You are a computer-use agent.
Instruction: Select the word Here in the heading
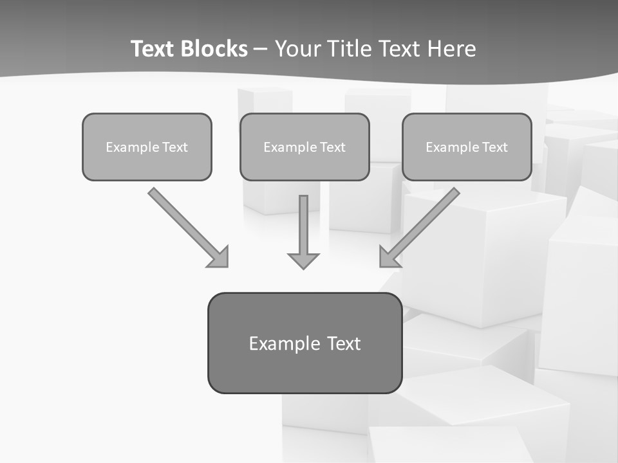tap(453, 49)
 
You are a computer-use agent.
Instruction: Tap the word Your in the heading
tap(297, 49)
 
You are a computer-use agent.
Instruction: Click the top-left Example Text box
tap(147, 147)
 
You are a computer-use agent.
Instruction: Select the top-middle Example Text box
tap(304, 147)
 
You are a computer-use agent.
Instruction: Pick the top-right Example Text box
tap(467, 147)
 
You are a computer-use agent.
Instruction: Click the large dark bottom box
tap(304, 343)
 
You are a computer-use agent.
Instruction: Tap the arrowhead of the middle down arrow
tap(303, 260)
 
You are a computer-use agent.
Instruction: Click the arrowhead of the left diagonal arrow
tap(220, 258)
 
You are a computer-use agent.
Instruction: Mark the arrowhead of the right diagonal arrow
tap(389, 258)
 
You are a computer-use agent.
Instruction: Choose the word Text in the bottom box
tap(344, 343)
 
